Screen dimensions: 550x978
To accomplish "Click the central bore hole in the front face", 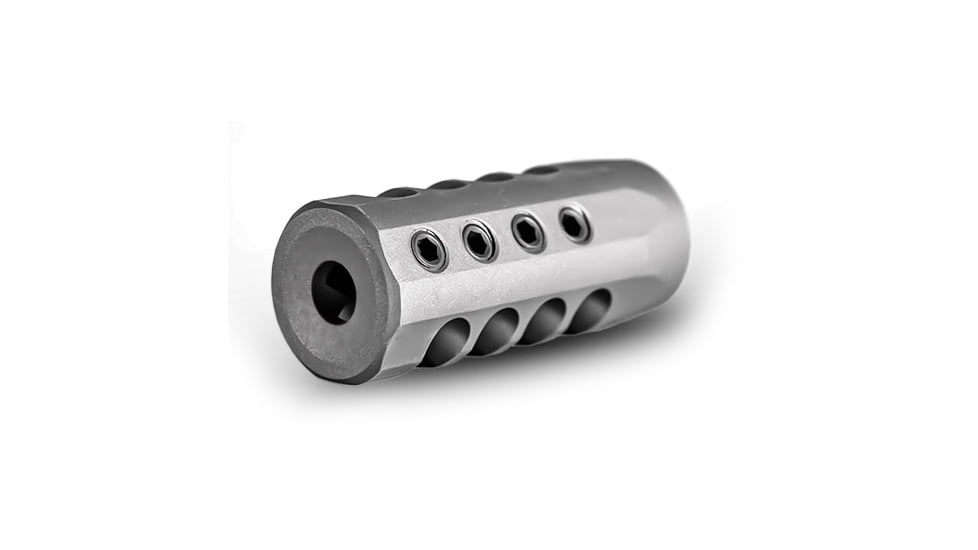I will click(333, 291).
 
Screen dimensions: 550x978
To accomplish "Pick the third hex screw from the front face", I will click(528, 232).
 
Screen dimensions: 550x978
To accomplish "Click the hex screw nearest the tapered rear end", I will click(574, 223).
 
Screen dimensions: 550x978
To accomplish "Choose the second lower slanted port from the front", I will click(498, 331).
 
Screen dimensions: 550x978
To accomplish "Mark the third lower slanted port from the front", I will click(547, 320).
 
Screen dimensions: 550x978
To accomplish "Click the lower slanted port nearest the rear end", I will click(593, 309).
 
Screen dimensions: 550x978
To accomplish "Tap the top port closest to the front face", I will click(399, 192).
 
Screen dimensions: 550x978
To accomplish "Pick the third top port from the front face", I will click(496, 177).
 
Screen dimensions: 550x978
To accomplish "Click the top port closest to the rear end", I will click(541, 170).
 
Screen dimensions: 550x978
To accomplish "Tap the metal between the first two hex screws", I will click(454, 246).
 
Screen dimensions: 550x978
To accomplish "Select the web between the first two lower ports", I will click(473, 335).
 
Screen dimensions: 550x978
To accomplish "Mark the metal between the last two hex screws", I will click(551, 228).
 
